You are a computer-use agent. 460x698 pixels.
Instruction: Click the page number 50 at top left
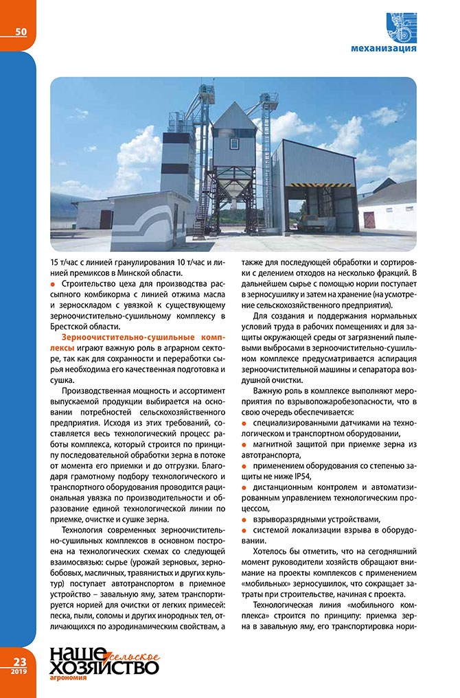tap(21, 32)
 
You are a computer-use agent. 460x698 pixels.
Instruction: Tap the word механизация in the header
tap(382, 49)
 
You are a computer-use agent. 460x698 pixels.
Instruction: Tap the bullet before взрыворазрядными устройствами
tap(246, 517)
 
